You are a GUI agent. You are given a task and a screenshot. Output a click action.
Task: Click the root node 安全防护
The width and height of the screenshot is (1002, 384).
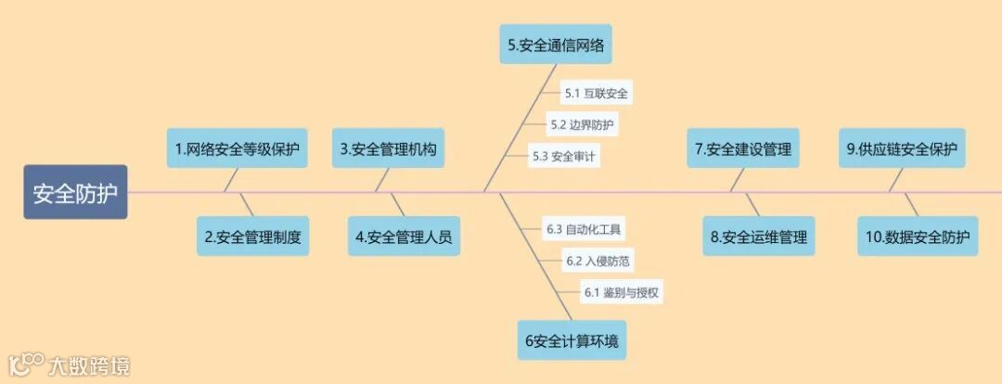click(x=75, y=193)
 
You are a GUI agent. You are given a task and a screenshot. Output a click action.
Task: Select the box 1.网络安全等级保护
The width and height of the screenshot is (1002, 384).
click(x=237, y=148)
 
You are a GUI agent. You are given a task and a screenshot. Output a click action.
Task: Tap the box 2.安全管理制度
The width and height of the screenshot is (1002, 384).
click(x=252, y=237)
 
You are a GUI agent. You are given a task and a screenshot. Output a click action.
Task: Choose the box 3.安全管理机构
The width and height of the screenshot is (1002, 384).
click(x=388, y=148)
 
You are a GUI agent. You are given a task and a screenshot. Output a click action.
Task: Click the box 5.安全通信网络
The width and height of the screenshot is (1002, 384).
click(x=557, y=44)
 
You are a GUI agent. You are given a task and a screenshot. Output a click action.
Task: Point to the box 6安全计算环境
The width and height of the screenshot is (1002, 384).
click(x=571, y=340)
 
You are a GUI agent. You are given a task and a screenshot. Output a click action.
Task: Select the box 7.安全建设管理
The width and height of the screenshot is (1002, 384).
click(x=744, y=148)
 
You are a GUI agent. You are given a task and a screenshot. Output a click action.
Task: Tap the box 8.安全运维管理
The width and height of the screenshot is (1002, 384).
click(x=760, y=237)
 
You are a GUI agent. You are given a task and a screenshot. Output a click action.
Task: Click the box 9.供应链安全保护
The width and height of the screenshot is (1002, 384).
click(x=903, y=148)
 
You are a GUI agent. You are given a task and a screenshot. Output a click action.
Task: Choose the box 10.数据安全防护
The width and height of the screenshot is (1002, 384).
click(x=918, y=237)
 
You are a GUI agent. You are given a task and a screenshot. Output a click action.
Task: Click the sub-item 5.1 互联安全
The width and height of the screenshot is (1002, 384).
click(x=597, y=93)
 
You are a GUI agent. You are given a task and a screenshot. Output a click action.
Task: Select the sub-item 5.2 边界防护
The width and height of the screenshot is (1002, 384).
click(x=582, y=123)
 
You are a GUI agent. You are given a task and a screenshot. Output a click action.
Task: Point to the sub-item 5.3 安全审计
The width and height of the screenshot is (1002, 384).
click(x=564, y=156)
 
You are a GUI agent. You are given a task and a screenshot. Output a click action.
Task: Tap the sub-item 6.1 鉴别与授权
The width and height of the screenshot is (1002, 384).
click(x=622, y=292)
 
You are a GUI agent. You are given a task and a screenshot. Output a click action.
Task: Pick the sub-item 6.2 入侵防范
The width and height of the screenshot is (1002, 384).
click(x=599, y=261)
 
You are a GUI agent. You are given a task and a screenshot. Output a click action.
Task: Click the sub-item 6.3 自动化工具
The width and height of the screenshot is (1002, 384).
click(x=584, y=228)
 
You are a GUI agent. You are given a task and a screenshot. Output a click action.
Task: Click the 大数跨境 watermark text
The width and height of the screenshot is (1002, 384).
click(x=90, y=365)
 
